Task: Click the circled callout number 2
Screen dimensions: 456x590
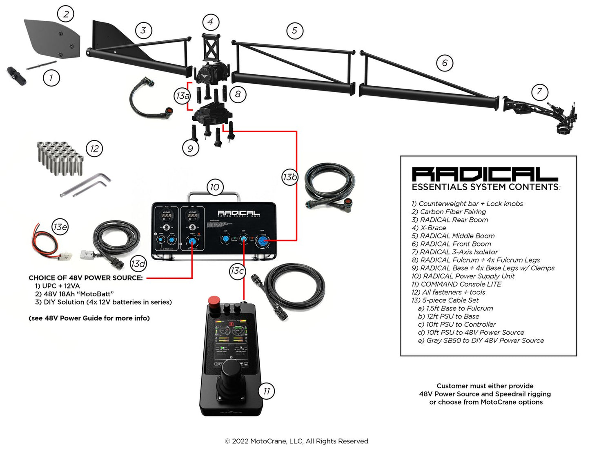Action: click(x=66, y=14)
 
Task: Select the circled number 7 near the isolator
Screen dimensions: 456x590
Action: click(x=539, y=91)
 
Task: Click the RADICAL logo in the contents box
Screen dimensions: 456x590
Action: click(x=484, y=174)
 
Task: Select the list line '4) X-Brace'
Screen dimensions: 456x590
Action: click(x=429, y=228)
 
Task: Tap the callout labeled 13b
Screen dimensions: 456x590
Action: click(x=289, y=177)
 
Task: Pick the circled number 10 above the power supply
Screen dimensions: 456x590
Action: click(x=215, y=187)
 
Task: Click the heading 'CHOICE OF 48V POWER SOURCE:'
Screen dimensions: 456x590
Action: click(x=85, y=278)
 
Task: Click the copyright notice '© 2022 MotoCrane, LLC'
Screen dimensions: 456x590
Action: click(x=296, y=441)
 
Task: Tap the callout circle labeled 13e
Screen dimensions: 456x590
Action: click(x=60, y=227)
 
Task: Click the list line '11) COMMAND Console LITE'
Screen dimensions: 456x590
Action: click(x=456, y=284)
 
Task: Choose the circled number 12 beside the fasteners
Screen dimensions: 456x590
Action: click(x=94, y=149)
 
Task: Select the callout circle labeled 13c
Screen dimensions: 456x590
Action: click(x=237, y=271)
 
